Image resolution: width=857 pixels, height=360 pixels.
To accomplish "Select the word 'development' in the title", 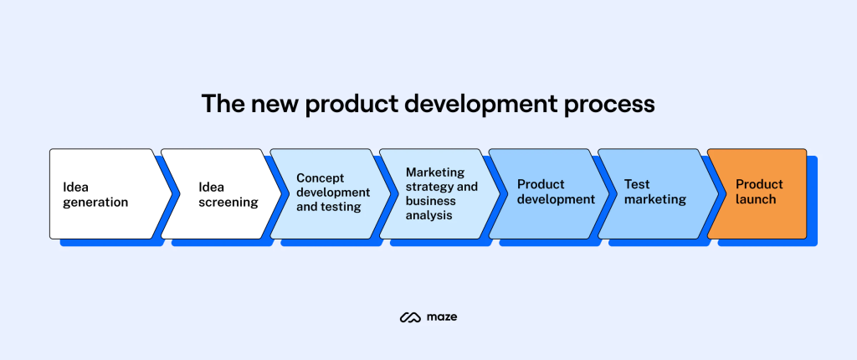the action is coord(482,105).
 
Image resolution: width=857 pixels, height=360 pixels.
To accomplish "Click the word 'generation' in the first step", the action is coord(95,203).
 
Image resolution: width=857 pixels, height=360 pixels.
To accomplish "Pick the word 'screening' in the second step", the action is coord(228,203).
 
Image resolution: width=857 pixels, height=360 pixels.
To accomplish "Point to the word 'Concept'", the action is coord(321,178).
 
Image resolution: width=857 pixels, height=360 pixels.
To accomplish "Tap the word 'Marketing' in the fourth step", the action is coord(435,172).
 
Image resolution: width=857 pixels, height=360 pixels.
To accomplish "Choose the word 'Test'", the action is coord(637,184).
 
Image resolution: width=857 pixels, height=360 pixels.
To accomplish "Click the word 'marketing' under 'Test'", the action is coord(655,199).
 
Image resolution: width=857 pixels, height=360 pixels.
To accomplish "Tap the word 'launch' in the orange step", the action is coord(756,199).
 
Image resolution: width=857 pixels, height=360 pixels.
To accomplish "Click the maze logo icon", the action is coord(410,317).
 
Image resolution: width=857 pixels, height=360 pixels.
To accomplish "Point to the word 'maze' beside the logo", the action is coord(442,317).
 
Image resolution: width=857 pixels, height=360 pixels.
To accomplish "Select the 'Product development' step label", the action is coord(556,192).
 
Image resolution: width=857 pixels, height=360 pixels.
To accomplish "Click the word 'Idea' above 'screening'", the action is coord(211,187).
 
